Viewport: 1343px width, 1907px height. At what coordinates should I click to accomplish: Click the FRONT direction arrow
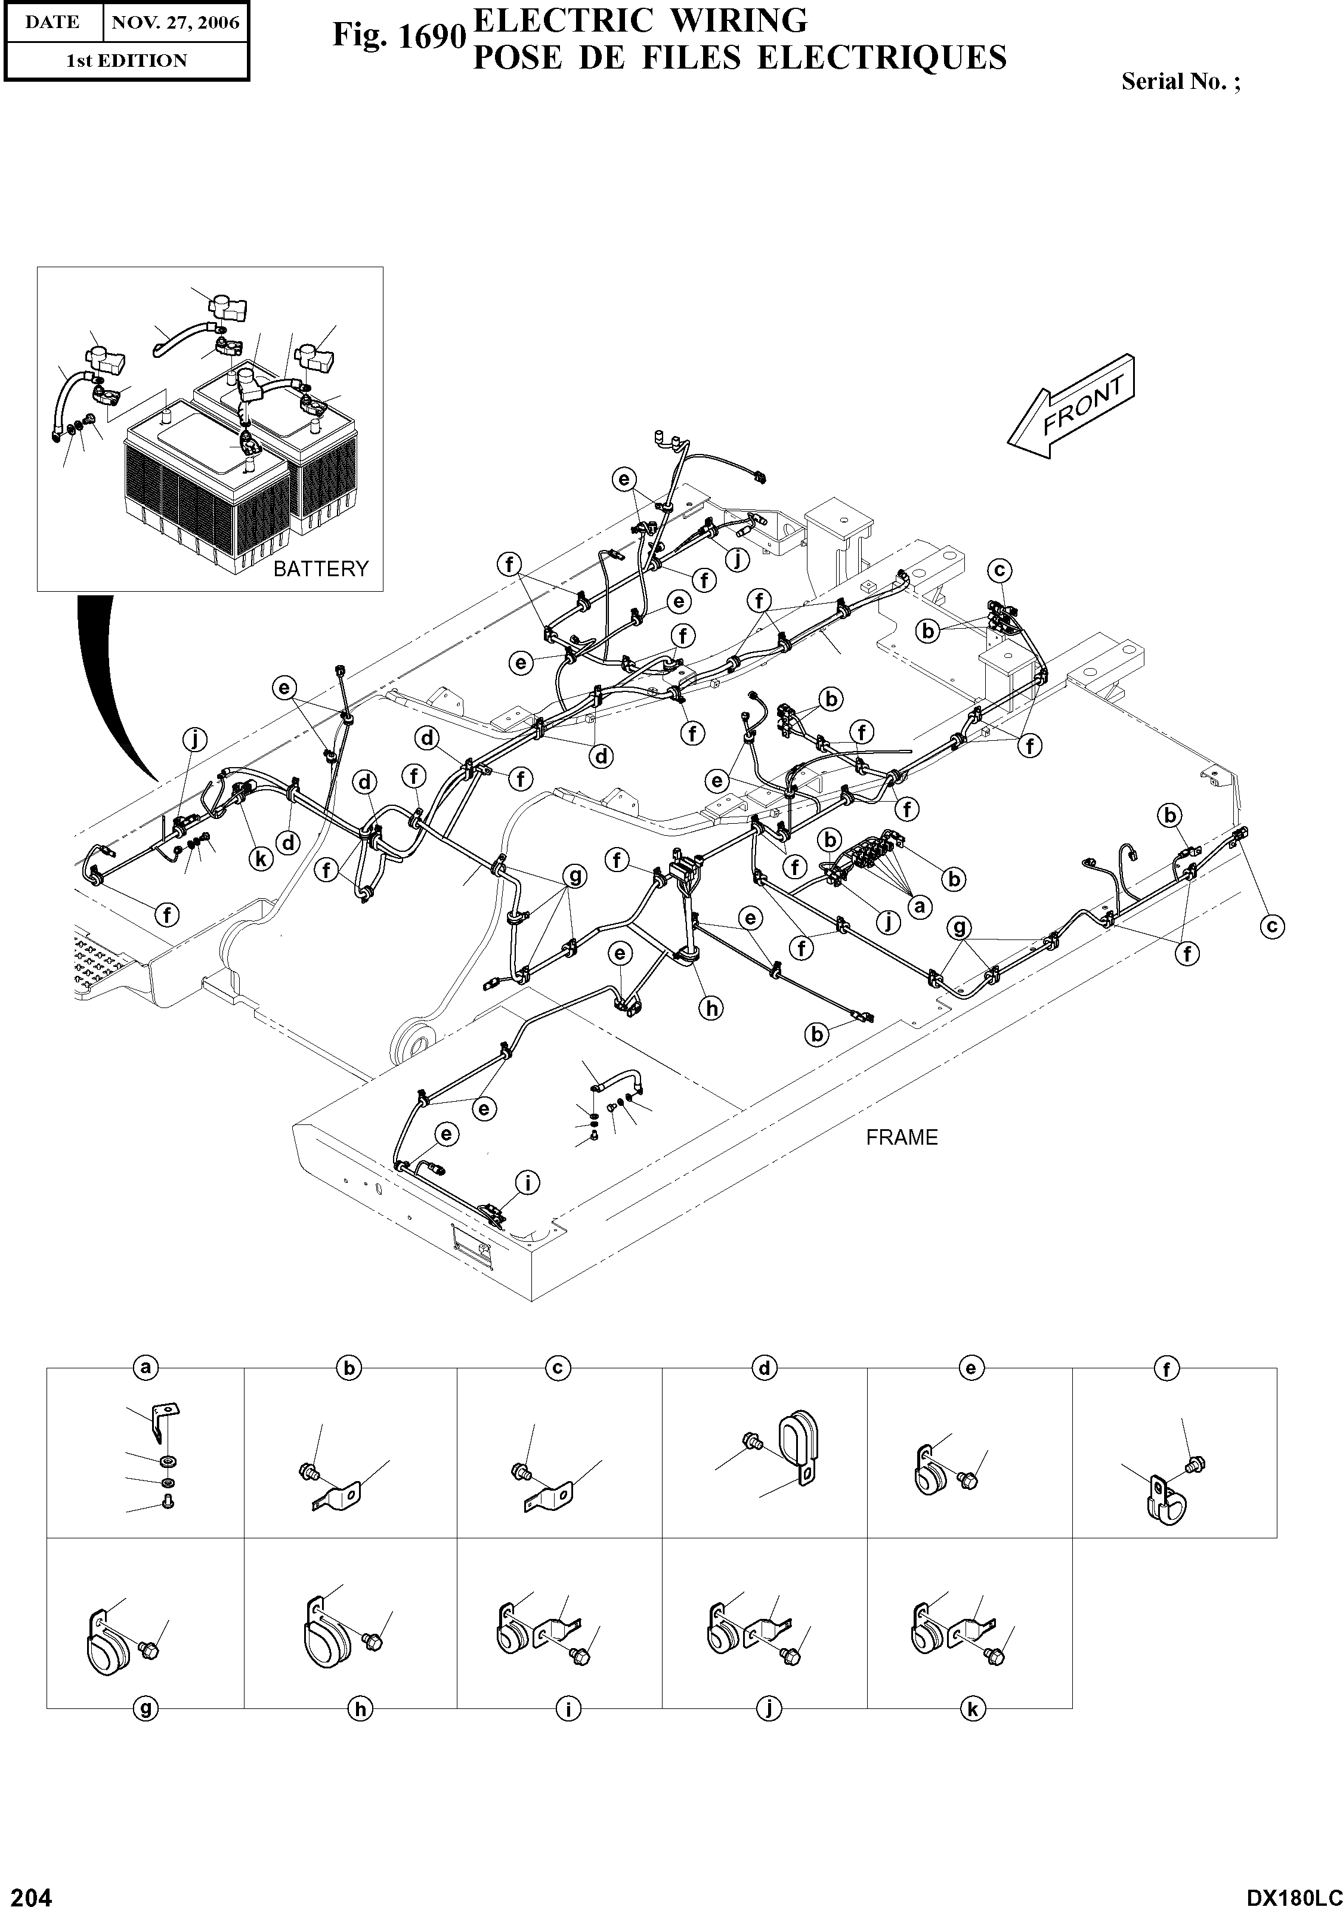tap(1070, 406)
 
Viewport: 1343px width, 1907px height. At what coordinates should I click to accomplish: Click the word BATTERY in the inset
tap(321, 569)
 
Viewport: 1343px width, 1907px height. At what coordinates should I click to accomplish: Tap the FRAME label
tap(901, 1137)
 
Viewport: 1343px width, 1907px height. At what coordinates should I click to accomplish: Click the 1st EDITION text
tap(126, 61)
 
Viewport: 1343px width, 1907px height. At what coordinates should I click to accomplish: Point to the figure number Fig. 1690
tap(398, 36)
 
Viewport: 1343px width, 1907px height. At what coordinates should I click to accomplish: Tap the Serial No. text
tap(1180, 81)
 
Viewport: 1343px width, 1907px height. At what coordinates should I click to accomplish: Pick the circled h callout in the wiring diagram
tap(711, 1008)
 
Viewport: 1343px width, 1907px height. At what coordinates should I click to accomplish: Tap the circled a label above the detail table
tap(146, 1368)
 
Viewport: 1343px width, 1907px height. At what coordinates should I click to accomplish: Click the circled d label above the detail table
tap(764, 1368)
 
